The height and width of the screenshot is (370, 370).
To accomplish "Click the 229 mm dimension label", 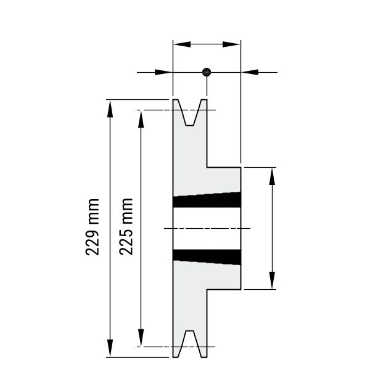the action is coord(92,227).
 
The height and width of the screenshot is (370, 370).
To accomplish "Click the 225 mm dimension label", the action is coord(126,226).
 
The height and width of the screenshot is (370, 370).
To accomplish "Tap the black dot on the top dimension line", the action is coord(207,72).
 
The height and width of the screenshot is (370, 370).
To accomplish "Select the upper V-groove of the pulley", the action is coord(190,112).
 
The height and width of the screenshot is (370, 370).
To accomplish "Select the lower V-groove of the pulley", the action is coord(190,344).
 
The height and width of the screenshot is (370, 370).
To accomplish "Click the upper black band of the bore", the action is coord(207,200).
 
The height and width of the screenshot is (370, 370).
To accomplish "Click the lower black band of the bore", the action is coord(207,257).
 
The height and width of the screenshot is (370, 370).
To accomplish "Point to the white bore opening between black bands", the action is coord(207,228).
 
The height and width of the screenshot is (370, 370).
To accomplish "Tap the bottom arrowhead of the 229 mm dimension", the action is coord(110,348).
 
